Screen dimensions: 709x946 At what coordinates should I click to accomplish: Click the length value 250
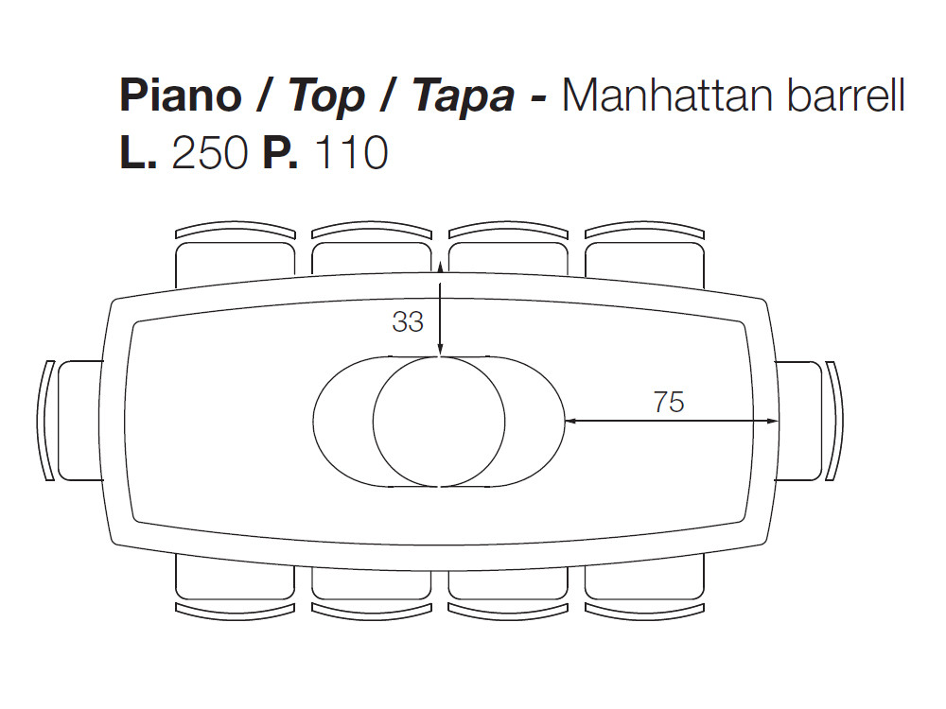[x=209, y=153]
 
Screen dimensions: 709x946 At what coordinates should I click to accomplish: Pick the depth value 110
[x=350, y=153]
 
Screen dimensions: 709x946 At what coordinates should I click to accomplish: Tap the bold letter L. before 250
[x=139, y=153]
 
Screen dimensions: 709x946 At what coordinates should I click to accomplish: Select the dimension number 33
[x=408, y=322]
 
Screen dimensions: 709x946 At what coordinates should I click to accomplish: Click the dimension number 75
[x=668, y=402]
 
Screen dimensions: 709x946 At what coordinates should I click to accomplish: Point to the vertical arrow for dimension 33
[x=441, y=312]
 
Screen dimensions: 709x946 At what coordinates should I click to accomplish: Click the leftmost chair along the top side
[x=234, y=257]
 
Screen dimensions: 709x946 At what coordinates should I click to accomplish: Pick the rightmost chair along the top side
[x=644, y=257]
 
